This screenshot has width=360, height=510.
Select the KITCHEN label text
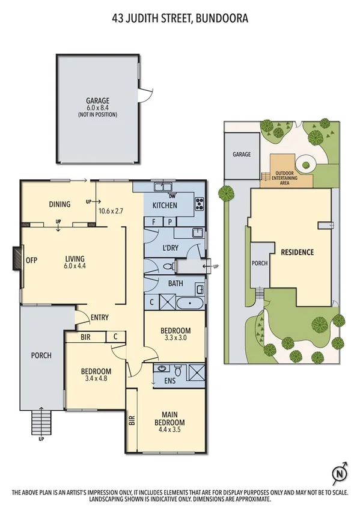click(164, 205)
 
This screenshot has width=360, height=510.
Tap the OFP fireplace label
click(32, 260)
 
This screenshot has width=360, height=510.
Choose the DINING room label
click(60, 204)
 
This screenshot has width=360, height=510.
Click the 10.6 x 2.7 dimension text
click(110, 211)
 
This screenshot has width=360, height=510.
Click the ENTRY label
click(99, 318)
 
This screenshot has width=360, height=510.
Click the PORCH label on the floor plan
click(41, 355)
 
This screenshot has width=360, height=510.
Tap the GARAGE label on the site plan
click(242, 155)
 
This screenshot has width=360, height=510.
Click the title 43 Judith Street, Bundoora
click(180, 19)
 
